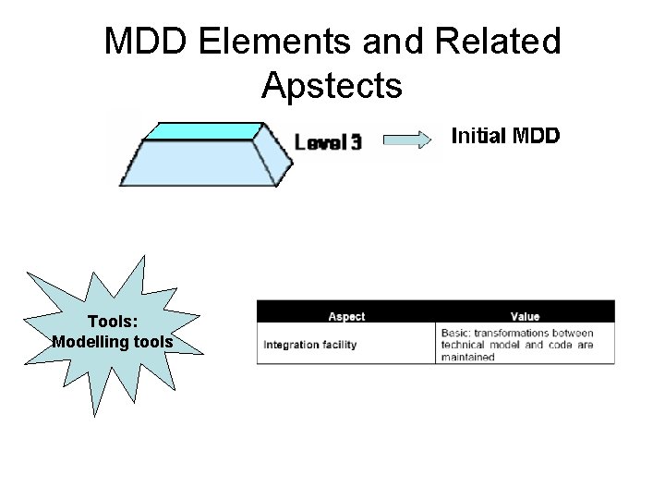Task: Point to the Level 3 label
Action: (328, 141)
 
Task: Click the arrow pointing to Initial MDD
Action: (407, 140)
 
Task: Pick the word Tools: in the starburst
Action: (112, 323)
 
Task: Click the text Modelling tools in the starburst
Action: (112, 343)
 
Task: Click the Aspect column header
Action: (346, 316)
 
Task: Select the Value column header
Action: (525, 316)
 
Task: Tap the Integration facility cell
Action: (310, 346)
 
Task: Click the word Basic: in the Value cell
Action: (455, 333)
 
